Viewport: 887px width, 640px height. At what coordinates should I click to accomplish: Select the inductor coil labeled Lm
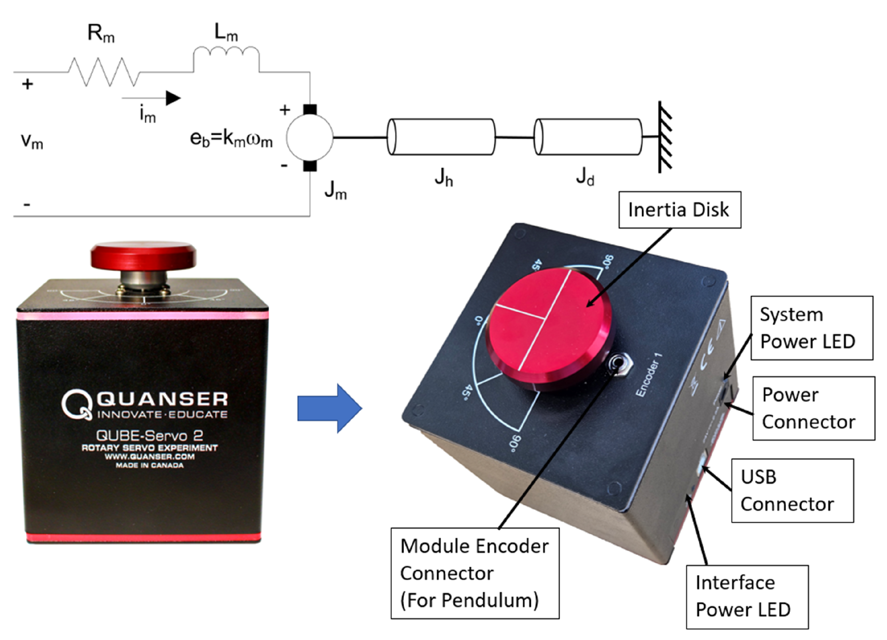click(x=226, y=55)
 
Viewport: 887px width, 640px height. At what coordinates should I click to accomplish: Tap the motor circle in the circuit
click(x=309, y=137)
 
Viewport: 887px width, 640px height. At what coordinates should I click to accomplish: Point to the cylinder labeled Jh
click(x=441, y=137)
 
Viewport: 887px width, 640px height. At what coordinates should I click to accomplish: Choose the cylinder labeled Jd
click(x=588, y=137)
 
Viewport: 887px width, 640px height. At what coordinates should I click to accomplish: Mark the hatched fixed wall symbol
click(x=665, y=137)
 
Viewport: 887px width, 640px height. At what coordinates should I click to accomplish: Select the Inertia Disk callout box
click(x=679, y=210)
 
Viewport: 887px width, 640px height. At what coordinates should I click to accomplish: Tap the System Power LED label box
click(x=812, y=328)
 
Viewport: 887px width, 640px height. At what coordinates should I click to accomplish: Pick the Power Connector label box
click(x=813, y=408)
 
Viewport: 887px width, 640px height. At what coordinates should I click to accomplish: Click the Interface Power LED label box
click(x=747, y=597)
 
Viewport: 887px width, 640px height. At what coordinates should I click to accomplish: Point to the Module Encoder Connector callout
click(x=475, y=574)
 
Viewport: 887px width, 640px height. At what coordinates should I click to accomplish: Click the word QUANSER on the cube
click(x=162, y=399)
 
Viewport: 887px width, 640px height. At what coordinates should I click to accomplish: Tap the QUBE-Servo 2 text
click(x=149, y=435)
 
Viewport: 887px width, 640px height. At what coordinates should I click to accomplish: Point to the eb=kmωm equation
click(x=231, y=139)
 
